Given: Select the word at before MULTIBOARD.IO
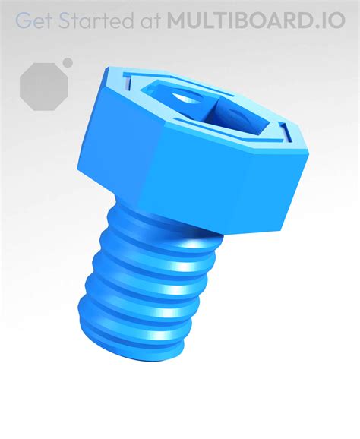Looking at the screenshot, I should coord(147,21).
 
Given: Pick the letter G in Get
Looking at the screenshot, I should coord(24,21).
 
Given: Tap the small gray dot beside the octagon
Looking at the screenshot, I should coord(68,62).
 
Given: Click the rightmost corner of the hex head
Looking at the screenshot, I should coord(308,156).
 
